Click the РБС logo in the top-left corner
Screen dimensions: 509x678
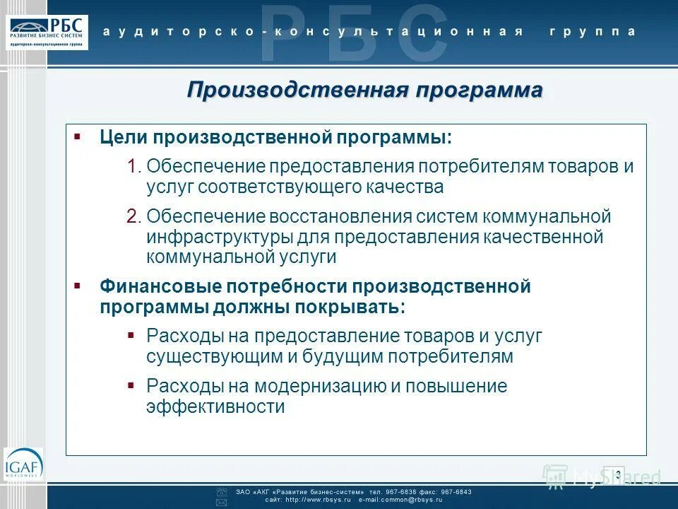[x=49, y=32]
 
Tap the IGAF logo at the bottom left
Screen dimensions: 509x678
[x=23, y=465]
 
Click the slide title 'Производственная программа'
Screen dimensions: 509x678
[x=365, y=90]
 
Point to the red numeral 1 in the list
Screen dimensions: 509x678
[x=133, y=167]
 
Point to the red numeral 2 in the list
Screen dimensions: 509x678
[x=133, y=216]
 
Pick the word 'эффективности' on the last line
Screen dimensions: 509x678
[x=215, y=407]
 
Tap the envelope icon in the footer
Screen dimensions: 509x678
[x=221, y=502]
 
